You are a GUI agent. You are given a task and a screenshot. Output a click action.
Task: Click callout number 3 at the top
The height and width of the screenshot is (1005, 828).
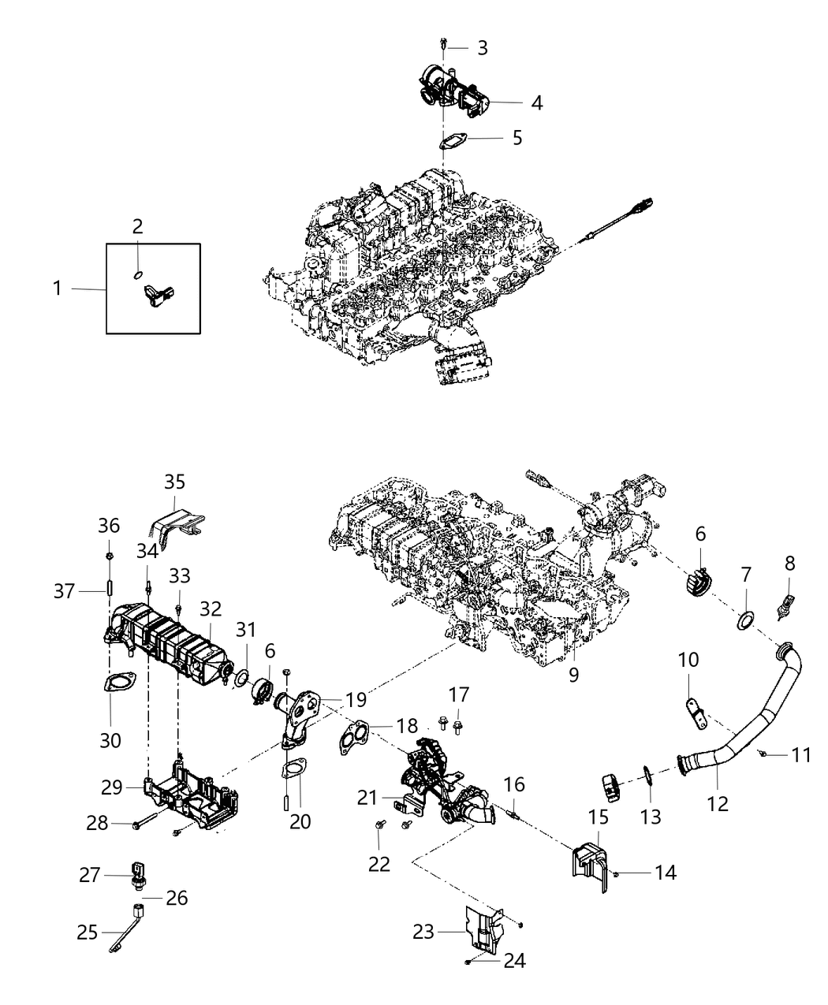pos(482,47)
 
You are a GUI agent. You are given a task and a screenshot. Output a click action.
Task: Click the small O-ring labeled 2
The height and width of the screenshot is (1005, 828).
pos(137,275)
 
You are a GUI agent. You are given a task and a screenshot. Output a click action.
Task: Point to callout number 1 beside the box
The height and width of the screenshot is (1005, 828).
pos(57,289)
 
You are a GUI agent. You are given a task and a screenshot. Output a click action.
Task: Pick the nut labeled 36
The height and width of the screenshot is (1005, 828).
pos(110,559)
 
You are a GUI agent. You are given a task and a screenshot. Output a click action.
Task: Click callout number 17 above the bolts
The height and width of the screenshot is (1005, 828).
pos(460,694)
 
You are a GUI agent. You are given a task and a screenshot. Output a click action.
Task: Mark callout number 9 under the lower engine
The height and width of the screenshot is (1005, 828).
pos(573,675)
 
